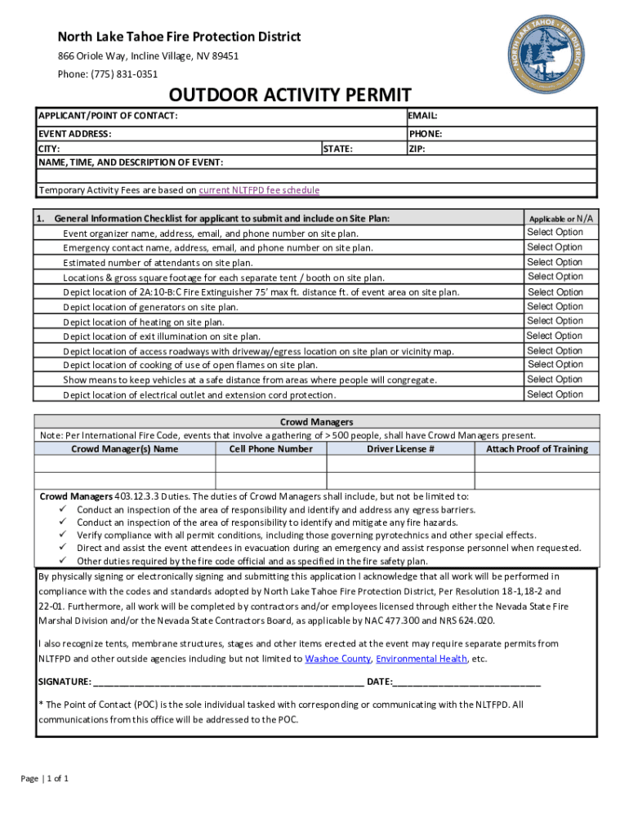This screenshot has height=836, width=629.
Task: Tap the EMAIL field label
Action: tap(423, 116)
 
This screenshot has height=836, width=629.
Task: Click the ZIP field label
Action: tap(417, 149)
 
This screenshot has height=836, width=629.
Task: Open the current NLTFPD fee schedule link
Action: tap(259, 190)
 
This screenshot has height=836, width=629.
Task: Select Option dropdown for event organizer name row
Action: tap(555, 232)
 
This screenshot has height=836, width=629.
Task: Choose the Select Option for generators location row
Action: tap(555, 306)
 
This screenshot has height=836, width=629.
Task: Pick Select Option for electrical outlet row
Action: tap(555, 394)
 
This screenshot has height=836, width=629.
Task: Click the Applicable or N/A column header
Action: tap(561, 219)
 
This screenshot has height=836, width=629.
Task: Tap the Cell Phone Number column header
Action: tap(270, 449)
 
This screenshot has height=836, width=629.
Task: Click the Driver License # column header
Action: tap(400, 449)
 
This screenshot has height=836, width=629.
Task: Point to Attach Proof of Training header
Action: tap(537, 449)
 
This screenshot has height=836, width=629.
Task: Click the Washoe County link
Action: tap(338, 659)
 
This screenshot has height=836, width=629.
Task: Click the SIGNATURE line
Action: tap(229, 682)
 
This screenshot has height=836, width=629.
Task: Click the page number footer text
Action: tap(45, 778)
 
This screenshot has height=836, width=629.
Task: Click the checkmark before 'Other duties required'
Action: tap(63, 561)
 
